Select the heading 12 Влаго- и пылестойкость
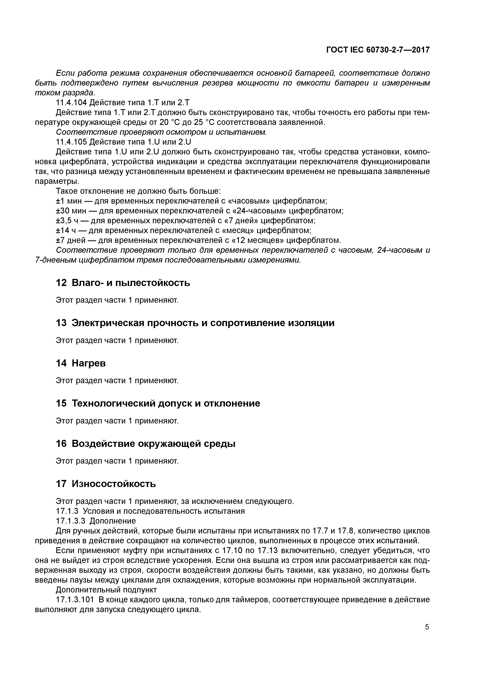[123, 283]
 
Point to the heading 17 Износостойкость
[106, 484]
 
